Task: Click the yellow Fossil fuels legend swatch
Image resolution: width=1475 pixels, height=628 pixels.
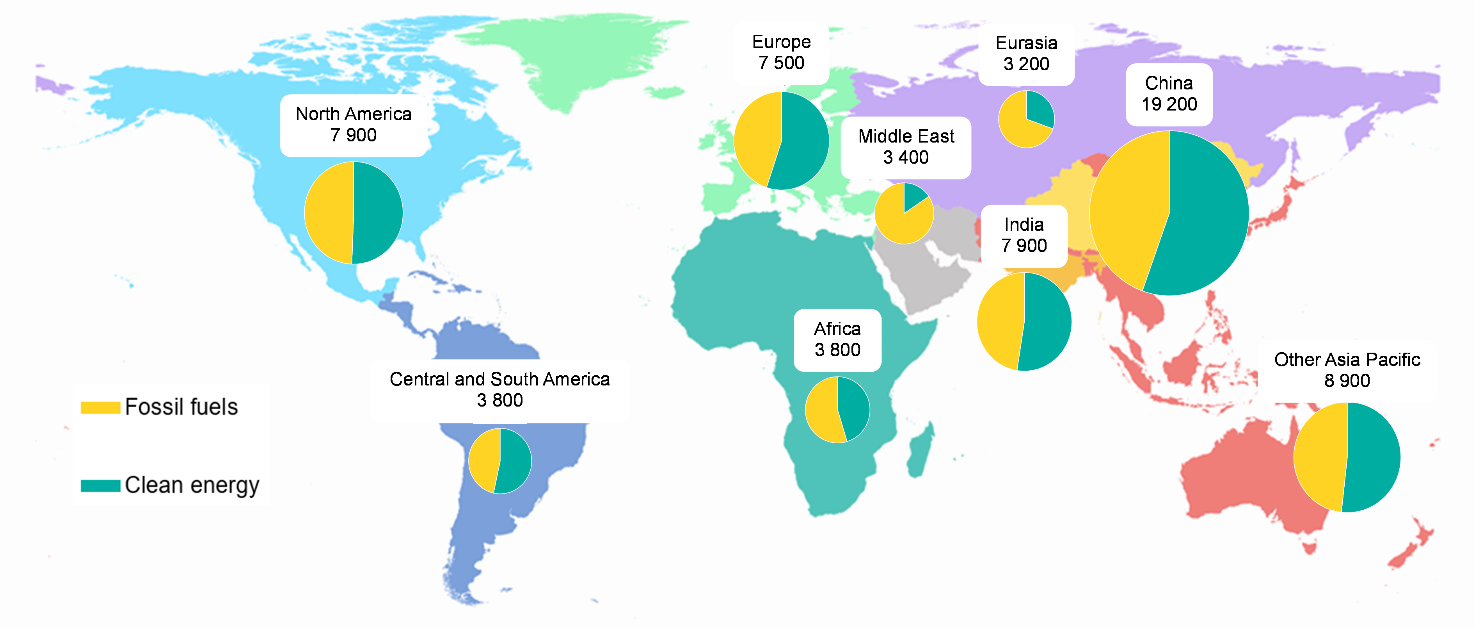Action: (100, 407)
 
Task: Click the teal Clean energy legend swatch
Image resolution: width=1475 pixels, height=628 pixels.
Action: (100, 485)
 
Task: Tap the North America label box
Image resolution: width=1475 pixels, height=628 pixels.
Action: (353, 125)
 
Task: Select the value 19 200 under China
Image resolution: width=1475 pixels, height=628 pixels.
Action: (1169, 104)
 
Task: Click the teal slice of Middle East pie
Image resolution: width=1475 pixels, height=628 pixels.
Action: (913, 195)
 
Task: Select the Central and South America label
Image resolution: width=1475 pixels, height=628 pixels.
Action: (499, 379)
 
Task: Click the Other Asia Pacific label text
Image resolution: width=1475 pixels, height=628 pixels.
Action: (1347, 360)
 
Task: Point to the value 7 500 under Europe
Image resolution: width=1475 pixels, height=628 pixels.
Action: (781, 63)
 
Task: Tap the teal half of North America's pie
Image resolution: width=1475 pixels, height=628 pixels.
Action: (378, 212)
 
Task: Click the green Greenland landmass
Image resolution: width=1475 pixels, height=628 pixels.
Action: (567, 57)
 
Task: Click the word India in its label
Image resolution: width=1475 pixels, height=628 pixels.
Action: (1024, 225)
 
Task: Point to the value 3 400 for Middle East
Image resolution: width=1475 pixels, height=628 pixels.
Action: (905, 157)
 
